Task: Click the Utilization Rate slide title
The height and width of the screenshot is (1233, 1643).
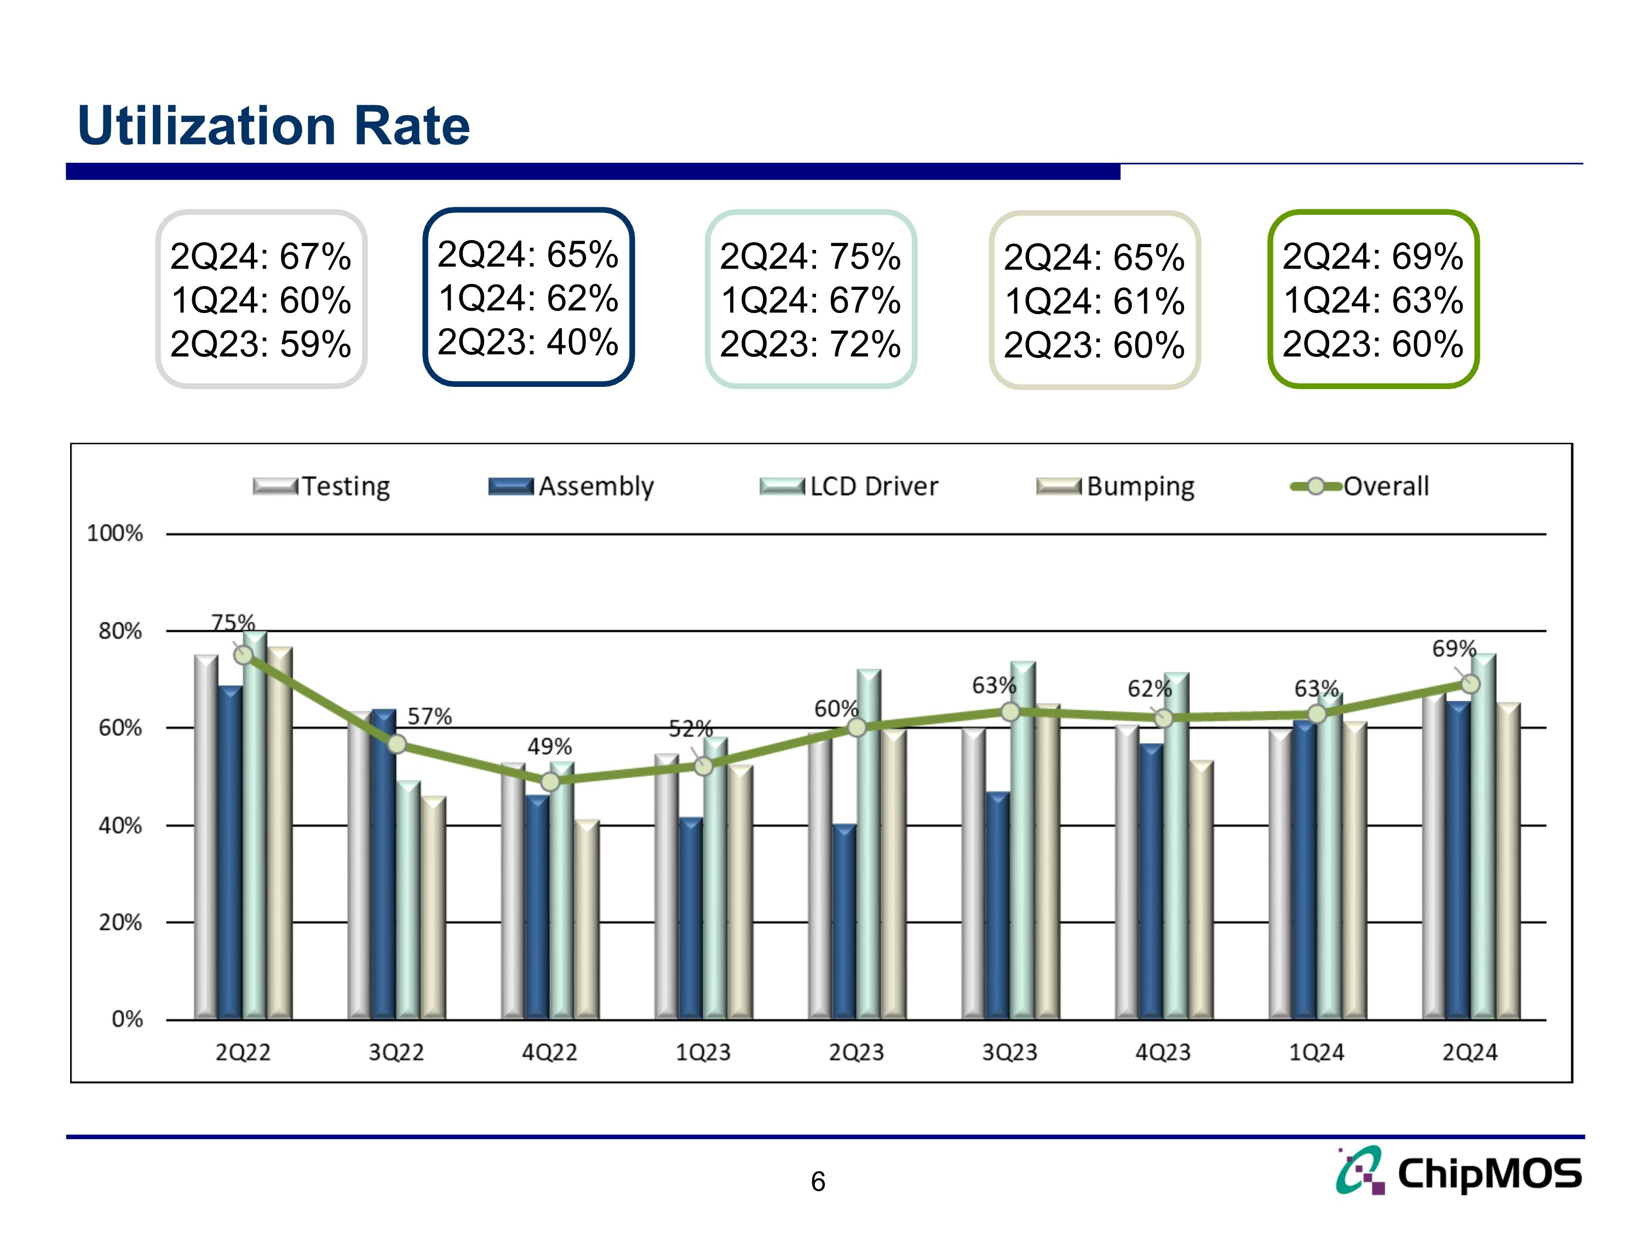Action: (x=273, y=125)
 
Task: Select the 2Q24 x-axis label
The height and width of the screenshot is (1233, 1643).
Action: (x=1469, y=1052)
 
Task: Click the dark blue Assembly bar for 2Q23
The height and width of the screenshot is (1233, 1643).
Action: (x=844, y=922)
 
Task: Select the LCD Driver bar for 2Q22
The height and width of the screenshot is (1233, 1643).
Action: (x=255, y=825)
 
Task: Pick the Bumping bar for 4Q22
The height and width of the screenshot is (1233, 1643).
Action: (x=587, y=922)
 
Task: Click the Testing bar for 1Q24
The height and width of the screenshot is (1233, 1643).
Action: (x=1280, y=877)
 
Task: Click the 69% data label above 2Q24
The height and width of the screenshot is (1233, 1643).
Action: (x=1454, y=649)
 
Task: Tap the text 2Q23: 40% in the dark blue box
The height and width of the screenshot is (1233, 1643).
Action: (x=527, y=342)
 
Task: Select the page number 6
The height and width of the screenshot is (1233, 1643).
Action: (x=818, y=1181)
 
